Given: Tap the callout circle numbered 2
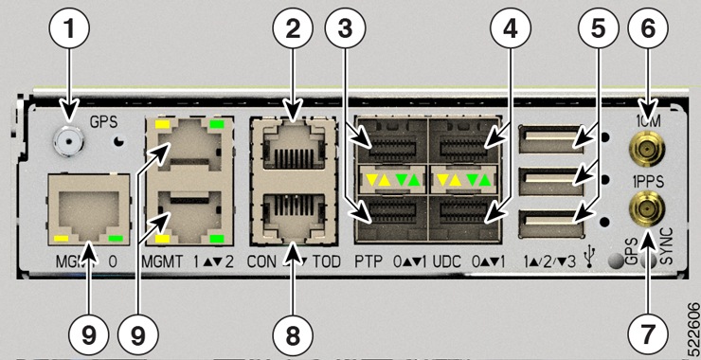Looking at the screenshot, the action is pos(294,29).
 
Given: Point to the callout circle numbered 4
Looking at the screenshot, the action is pos(512,29).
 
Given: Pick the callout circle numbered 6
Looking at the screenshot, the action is pos(648,29).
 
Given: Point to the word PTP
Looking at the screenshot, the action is pos(369,258).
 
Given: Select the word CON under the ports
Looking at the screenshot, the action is pos(262,258).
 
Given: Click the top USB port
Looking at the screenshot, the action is pos(548,141).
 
